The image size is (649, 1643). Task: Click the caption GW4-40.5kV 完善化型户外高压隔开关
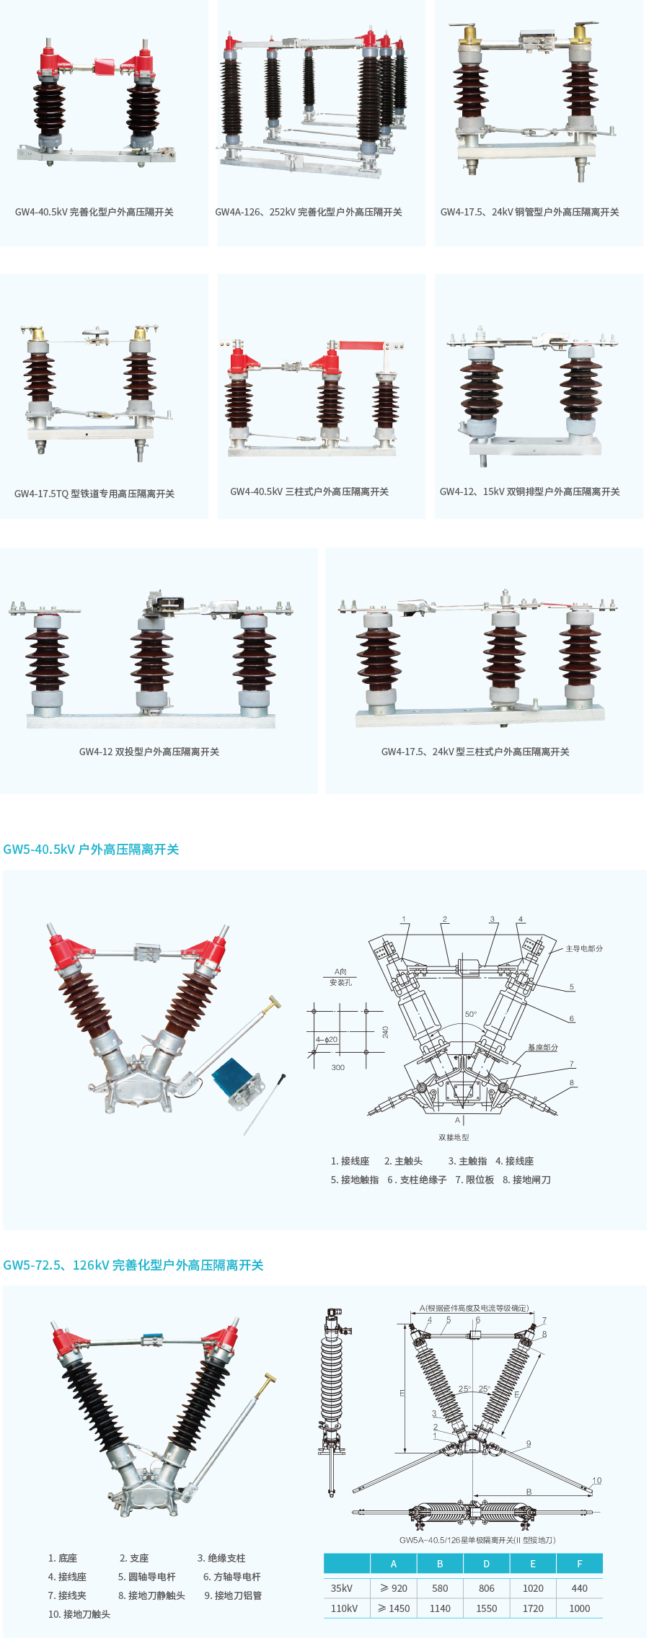click(94, 212)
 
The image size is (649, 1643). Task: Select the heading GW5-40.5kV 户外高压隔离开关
click(91, 849)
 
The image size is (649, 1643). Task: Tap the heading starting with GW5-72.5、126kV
click(133, 1265)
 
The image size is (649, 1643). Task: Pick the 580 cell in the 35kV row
click(440, 1588)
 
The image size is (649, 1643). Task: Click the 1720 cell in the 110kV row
click(533, 1608)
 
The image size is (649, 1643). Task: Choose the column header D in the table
click(486, 1564)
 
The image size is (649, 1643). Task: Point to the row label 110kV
click(344, 1608)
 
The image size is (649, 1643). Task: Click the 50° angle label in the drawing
click(470, 1014)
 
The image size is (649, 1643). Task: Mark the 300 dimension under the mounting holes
click(337, 1067)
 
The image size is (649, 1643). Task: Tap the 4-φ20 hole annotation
click(327, 1039)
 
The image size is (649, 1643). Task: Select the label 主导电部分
click(584, 948)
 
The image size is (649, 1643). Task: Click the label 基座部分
click(543, 1047)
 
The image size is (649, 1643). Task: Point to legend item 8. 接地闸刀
click(526, 1180)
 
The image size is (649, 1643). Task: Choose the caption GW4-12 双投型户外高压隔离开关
click(149, 752)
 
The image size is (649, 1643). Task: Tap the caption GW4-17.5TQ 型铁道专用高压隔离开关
click(94, 494)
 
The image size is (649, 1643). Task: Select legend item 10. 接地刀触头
click(79, 1614)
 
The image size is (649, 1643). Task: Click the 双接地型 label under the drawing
click(454, 1137)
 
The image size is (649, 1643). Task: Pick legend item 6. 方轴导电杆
click(232, 1577)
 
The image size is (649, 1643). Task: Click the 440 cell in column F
click(579, 1588)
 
